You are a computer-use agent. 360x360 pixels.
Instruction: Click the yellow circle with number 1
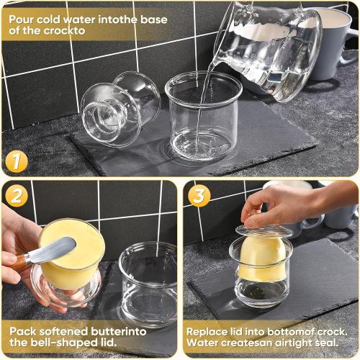(x=17, y=160)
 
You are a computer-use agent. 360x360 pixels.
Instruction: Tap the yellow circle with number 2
(x=16, y=194)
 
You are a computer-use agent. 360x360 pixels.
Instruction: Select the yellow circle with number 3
(x=199, y=195)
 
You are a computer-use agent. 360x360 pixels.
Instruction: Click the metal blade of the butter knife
(x=53, y=252)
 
